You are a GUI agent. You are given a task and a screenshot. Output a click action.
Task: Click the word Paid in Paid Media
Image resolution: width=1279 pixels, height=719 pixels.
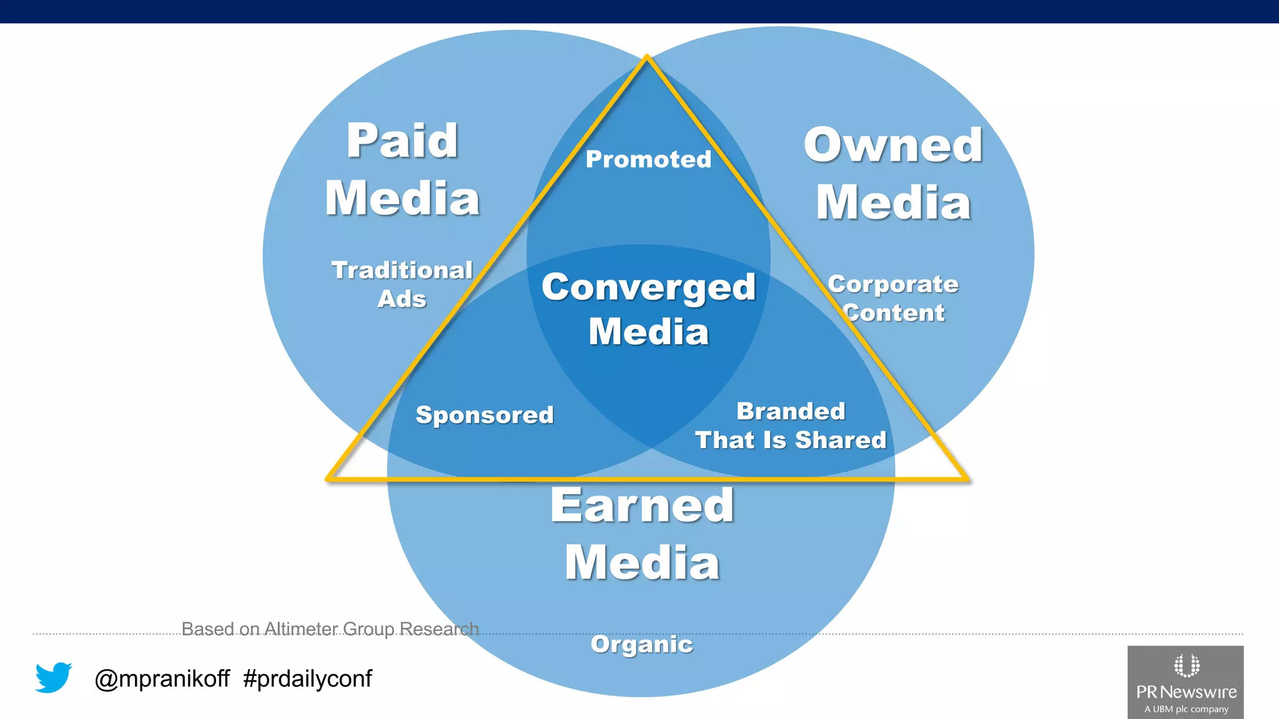(x=402, y=142)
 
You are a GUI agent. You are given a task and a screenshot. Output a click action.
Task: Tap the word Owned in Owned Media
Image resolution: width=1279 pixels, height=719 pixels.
(x=893, y=145)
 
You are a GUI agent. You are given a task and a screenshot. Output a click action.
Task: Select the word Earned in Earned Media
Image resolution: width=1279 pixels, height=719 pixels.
(x=642, y=506)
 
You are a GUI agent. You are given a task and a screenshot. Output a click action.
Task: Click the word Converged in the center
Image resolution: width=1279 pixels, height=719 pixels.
(x=648, y=288)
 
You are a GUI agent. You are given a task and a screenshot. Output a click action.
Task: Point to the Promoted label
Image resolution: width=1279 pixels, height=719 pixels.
(x=648, y=160)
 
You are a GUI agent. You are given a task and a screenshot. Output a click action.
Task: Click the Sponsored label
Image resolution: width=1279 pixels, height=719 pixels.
(x=485, y=415)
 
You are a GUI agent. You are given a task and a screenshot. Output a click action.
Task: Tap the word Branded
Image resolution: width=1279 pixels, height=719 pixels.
(x=791, y=411)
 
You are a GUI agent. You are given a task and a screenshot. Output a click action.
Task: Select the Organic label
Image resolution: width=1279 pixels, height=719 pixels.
(x=642, y=644)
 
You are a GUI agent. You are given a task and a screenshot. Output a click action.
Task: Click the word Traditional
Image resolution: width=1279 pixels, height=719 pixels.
(x=402, y=270)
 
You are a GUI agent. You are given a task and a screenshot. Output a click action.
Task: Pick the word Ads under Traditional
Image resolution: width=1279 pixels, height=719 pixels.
(x=402, y=299)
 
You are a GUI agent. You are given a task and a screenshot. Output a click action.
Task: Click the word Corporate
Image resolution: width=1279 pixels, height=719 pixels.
(x=893, y=285)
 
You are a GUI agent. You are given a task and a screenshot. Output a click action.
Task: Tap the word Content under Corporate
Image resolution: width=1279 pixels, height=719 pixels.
(x=894, y=313)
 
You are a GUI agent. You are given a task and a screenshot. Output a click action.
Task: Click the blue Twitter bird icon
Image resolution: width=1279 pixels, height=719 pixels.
(x=54, y=677)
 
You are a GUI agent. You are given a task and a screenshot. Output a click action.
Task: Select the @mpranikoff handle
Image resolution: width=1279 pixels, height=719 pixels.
(x=162, y=678)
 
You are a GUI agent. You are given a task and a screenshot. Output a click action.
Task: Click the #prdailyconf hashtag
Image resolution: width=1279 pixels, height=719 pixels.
(x=307, y=678)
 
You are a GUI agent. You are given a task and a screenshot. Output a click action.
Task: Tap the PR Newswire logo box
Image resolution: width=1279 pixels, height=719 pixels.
(x=1185, y=682)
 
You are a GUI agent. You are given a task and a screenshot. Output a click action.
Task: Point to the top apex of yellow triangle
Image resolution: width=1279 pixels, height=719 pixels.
(x=647, y=57)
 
